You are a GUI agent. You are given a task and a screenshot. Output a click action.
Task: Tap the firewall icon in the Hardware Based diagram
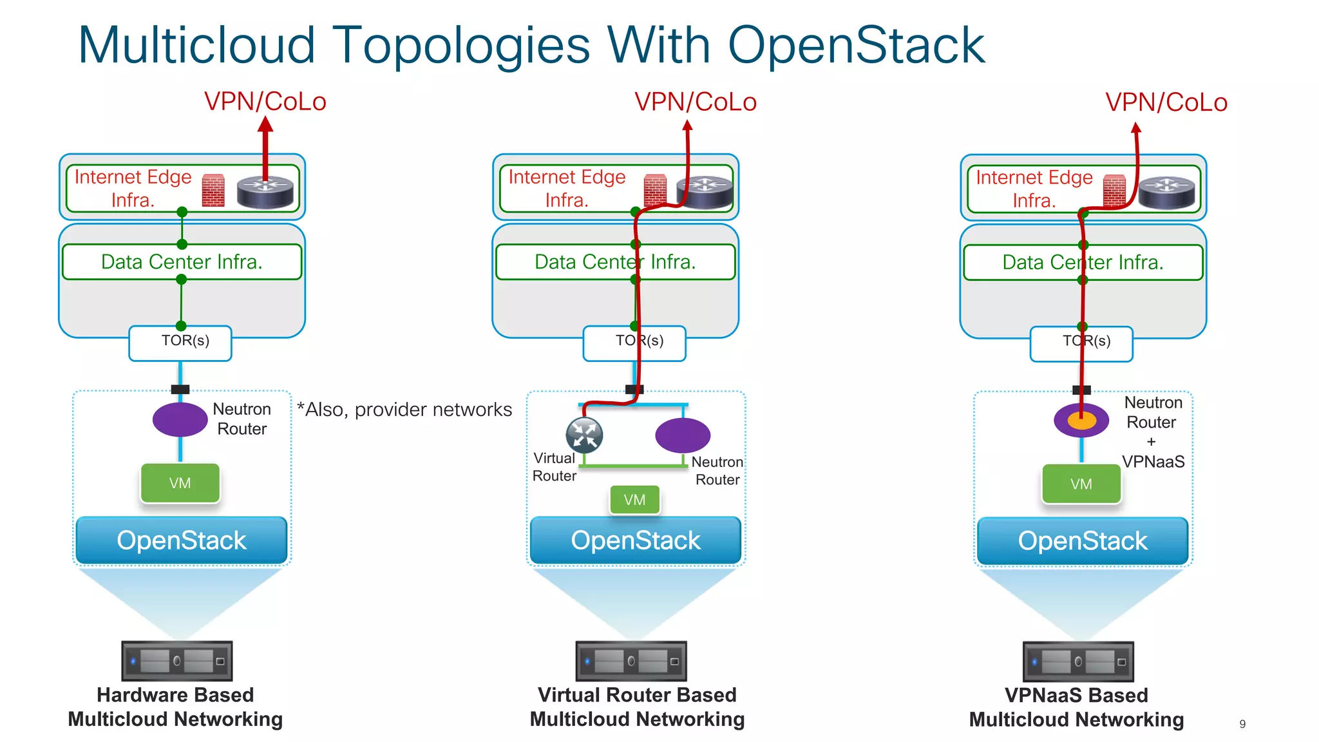click(213, 191)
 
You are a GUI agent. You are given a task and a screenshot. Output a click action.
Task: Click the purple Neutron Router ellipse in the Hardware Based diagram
click(180, 420)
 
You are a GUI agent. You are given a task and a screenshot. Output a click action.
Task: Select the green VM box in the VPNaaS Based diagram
click(1081, 484)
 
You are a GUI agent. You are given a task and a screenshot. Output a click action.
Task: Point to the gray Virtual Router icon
click(584, 435)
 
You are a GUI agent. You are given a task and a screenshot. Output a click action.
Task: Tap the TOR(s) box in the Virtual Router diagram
click(634, 343)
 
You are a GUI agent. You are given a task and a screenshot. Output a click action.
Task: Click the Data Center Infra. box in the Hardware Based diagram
click(182, 262)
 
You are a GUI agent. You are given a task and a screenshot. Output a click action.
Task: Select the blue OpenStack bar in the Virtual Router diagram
click(635, 540)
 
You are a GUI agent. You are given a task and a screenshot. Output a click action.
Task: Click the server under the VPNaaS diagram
click(1077, 661)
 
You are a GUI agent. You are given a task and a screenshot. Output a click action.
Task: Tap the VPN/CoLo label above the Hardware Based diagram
click(265, 102)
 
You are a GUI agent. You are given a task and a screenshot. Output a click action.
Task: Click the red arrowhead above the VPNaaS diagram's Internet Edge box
click(1136, 128)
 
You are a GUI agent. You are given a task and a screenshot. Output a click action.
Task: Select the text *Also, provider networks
click(404, 410)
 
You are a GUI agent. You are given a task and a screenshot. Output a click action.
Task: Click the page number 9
click(1242, 724)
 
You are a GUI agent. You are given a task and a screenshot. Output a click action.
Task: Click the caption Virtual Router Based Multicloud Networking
click(637, 707)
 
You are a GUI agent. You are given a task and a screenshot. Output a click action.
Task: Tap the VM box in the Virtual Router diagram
click(634, 500)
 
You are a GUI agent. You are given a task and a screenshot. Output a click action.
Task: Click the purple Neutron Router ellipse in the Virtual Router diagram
click(683, 435)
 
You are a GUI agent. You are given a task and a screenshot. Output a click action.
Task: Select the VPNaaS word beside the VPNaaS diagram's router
click(1153, 462)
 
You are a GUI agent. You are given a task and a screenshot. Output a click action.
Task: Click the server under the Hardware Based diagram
click(176, 661)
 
